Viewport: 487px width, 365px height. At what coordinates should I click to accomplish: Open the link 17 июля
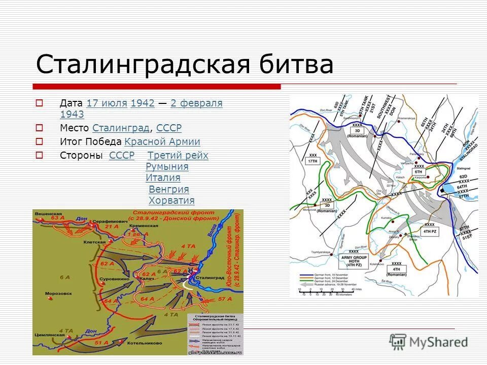pos(107,103)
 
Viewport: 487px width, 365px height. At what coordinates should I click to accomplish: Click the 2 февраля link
pos(196,103)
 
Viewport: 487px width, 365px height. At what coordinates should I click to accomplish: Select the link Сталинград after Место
pos(121,128)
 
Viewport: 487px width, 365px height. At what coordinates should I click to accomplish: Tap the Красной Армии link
pos(162,142)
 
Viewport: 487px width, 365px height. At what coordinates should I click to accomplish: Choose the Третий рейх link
pos(178,156)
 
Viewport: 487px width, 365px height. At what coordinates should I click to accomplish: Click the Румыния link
pos(167,167)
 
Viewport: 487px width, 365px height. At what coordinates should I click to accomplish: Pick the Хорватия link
pos(171,200)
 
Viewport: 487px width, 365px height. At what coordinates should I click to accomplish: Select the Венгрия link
pos(168,189)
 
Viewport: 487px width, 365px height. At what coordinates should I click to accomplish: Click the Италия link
pos(163,178)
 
